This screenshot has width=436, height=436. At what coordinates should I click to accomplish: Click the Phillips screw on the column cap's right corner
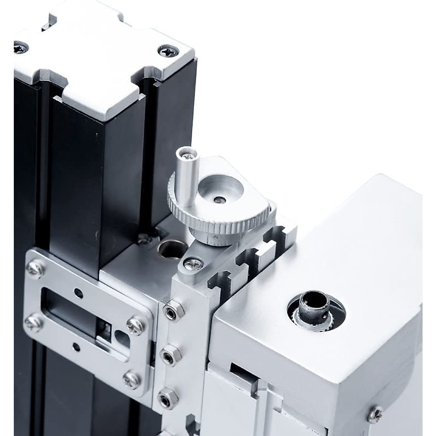coord(168,51)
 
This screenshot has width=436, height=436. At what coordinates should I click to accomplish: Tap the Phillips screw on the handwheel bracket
coord(193,264)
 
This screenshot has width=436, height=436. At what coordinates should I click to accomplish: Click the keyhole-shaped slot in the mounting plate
coord(121,336)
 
